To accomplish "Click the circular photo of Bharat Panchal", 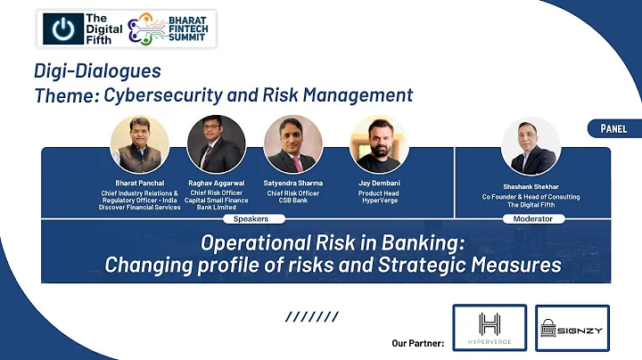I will [x=138, y=143].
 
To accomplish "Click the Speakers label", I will [x=251, y=218].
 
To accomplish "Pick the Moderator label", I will [x=533, y=218].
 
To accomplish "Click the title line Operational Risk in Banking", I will [x=333, y=243].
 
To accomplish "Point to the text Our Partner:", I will [x=417, y=342].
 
